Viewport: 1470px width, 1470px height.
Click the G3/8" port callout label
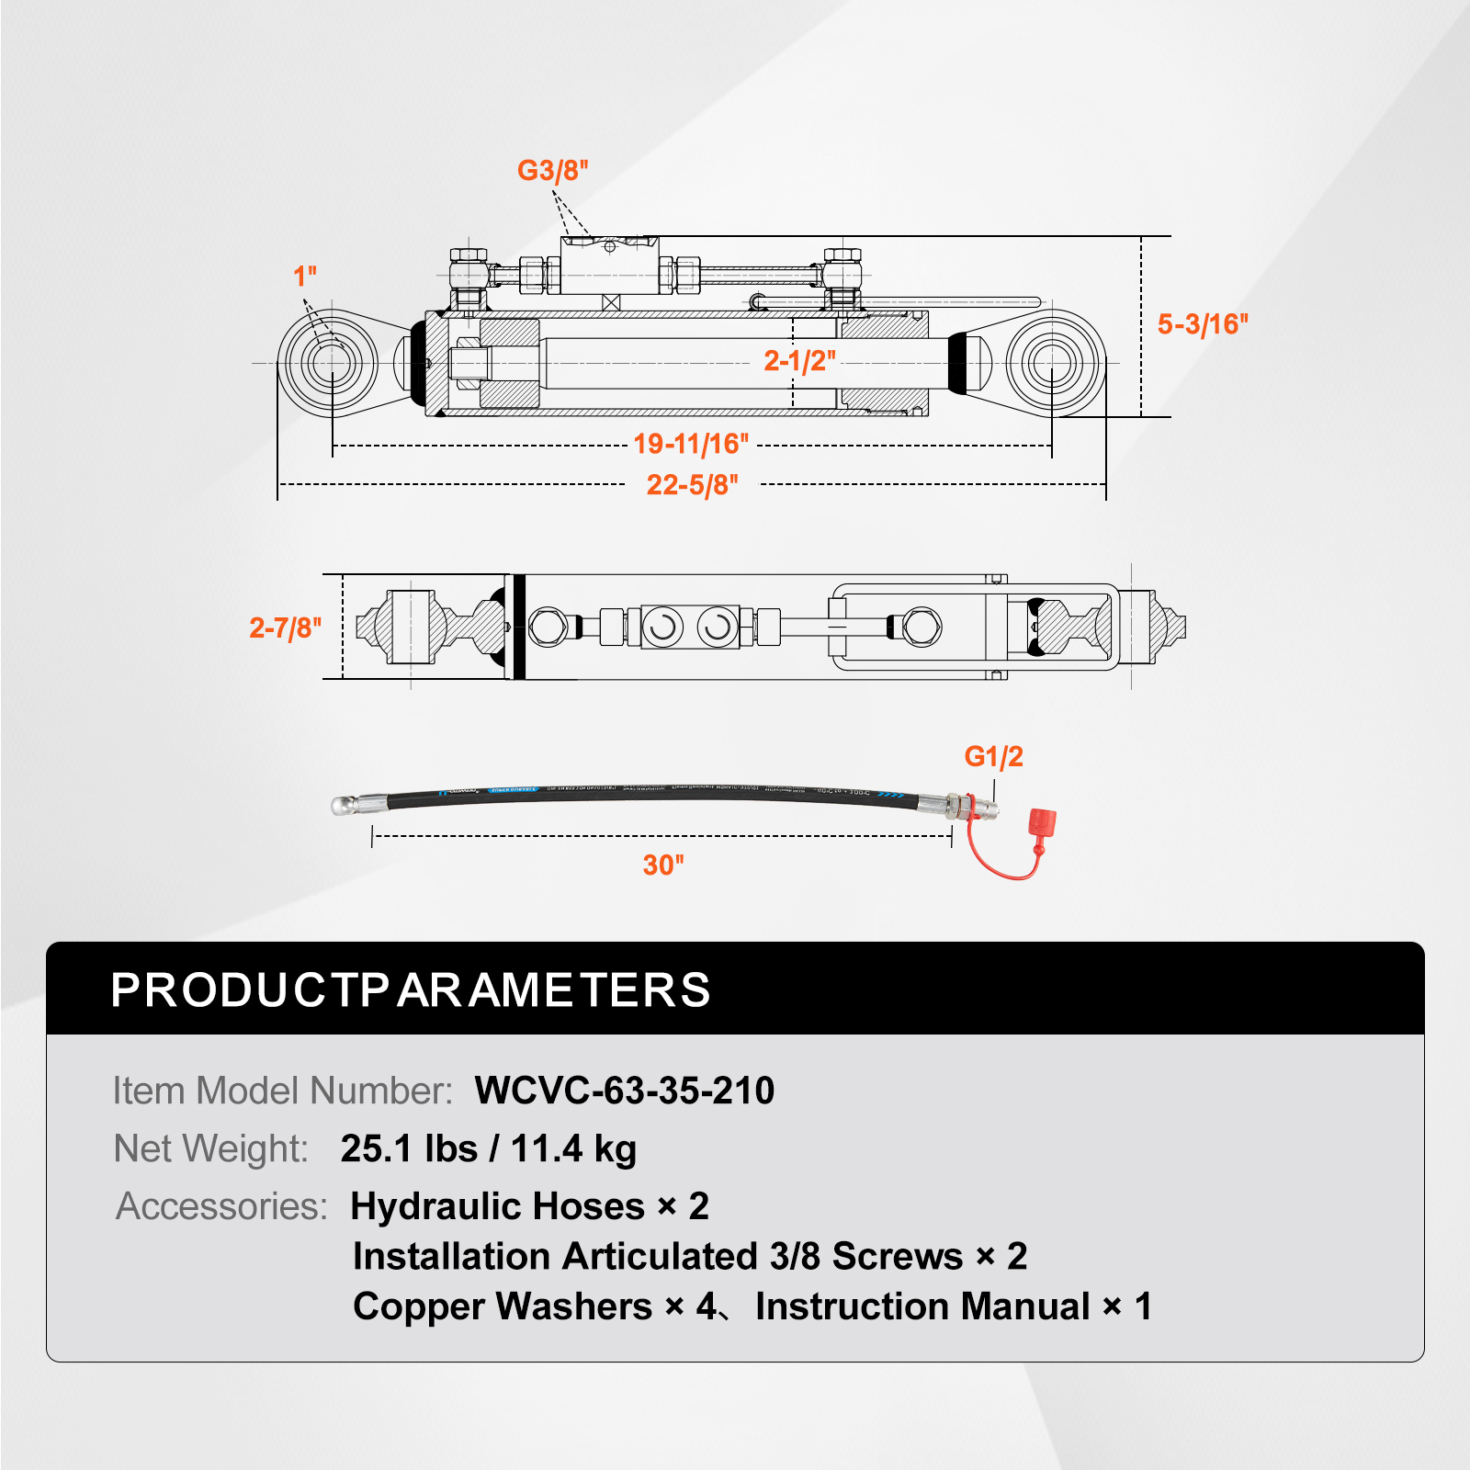pos(552,171)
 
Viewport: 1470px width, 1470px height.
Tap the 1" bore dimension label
pos(304,276)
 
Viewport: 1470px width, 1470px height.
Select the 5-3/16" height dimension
pos(1202,324)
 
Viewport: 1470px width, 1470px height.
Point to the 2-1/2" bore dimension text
pos(799,360)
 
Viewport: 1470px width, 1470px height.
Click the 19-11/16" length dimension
pos(691,445)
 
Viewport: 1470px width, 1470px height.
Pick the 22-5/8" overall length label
pos(692,485)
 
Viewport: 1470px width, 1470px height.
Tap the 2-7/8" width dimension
pos(285,628)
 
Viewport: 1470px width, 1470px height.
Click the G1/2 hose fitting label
pos(993,757)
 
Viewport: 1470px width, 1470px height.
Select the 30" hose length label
pos(662,865)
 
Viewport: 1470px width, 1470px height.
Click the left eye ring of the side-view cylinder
pos(328,363)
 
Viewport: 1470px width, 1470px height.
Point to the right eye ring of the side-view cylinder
pos(1055,363)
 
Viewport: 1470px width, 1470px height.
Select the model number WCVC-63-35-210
pos(624,1091)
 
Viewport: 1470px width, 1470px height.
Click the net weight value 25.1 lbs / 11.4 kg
pos(488,1148)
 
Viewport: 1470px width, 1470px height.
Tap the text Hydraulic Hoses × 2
pos(529,1206)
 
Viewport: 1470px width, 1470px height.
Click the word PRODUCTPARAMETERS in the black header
pos(411,990)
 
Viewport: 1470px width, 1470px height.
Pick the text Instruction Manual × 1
pos(953,1306)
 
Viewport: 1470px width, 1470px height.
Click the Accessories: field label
pos(221,1206)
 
